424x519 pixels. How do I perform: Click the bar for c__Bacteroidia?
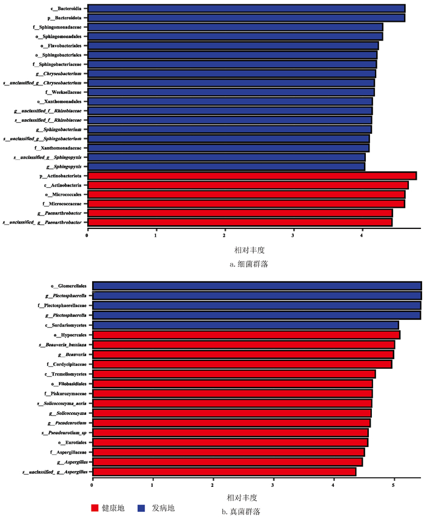[x=246, y=8]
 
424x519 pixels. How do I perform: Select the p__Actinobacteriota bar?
[x=252, y=176]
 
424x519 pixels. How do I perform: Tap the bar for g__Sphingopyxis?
[x=226, y=166]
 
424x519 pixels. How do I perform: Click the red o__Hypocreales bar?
[x=246, y=335]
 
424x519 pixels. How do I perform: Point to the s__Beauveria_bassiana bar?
[x=243, y=345]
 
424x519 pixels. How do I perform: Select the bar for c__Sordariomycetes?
[x=245, y=325]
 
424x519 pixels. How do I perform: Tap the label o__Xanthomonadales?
[x=60, y=102]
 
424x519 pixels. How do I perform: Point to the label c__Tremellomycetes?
[x=65, y=374]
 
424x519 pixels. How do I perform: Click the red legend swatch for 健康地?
[x=94, y=507]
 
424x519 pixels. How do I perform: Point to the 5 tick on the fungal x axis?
[x=394, y=485]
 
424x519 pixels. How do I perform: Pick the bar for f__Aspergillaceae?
[x=228, y=452]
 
